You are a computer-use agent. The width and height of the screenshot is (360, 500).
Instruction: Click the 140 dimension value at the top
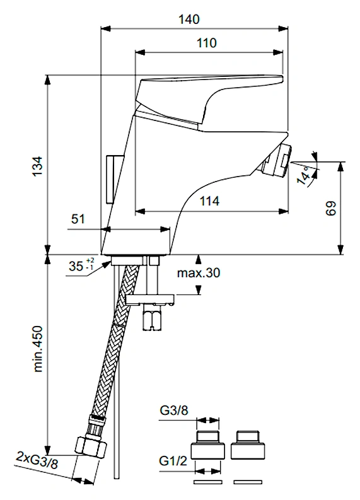[x=189, y=19]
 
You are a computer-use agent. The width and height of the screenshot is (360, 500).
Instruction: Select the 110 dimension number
[x=207, y=43]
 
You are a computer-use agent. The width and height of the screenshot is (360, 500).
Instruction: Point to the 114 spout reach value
[x=209, y=201]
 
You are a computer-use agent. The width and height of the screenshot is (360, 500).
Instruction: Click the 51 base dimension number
[x=78, y=219]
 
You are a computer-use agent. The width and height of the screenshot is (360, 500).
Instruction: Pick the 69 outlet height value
[x=331, y=209]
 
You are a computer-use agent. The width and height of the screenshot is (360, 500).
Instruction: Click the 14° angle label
[x=305, y=175]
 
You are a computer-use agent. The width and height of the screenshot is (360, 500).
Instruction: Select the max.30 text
[x=199, y=273]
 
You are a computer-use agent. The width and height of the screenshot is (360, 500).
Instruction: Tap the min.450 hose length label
[x=38, y=349]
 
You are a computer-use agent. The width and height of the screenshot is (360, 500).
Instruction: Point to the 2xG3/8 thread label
[x=37, y=460]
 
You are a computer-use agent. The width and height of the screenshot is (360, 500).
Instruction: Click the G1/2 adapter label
[x=173, y=461]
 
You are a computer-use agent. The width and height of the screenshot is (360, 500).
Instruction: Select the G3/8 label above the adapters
[x=174, y=410]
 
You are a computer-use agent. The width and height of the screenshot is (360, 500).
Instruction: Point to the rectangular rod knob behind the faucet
[x=114, y=179]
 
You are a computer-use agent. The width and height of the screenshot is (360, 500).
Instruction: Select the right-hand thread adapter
[x=248, y=445]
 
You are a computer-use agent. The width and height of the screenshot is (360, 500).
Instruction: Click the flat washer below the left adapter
[x=208, y=482]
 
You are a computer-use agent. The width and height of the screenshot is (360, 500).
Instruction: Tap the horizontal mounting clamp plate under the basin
[x=150, y=299]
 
